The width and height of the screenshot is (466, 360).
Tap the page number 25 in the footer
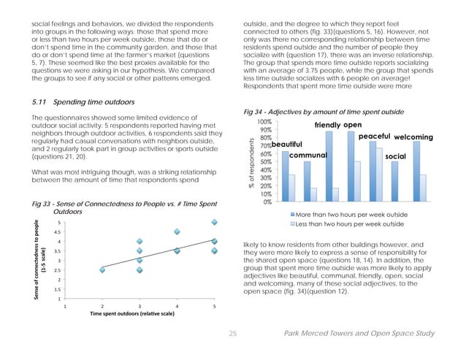point(234,334)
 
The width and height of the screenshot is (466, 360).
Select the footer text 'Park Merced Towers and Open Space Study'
point(358,334)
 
